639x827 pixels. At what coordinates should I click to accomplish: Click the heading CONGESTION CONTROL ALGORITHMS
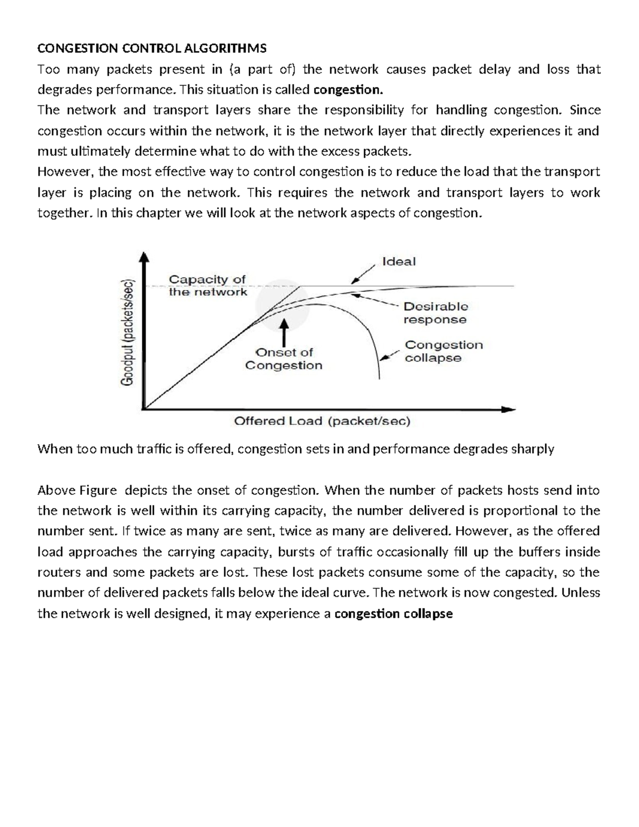pyautogui.click(x=151, y=48)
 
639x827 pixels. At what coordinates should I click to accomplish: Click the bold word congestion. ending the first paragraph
pyautogui.click(x=348, y=89)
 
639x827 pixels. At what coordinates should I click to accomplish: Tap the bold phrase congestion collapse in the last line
pyautogui.click(x=394, y=613)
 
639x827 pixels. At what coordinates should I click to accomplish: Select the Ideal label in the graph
pyautogui.click(x=398, y=261)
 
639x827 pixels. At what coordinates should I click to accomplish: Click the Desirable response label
pyautogui.click(x=435, y=313)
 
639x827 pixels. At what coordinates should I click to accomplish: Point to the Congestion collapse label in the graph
pyautogui.click(x=443, y=351)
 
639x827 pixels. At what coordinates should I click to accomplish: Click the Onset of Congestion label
pyautogui.click(x=284, y=359)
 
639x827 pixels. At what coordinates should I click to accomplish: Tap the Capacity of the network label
pyautogui.click(x=208, y=285)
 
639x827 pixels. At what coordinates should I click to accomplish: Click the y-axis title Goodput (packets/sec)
pyautogui.click(x=129, y=332)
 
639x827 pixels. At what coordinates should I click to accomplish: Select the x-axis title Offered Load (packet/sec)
pyautogui.click(x=322, y=421)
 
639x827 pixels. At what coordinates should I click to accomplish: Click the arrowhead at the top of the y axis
pyautogui.click(x=144, y=258)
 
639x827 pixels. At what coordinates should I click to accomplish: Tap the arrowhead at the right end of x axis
pyautogui.click(x=509, y=409)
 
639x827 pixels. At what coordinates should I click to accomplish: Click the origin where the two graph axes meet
pyautogui.click(x=144, y=409)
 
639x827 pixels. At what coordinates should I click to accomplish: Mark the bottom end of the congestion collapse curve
pyautogui.click(x=379, y=378)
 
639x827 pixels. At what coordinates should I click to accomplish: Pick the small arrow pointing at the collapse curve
pyautogui.click(x=392, y=355)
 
